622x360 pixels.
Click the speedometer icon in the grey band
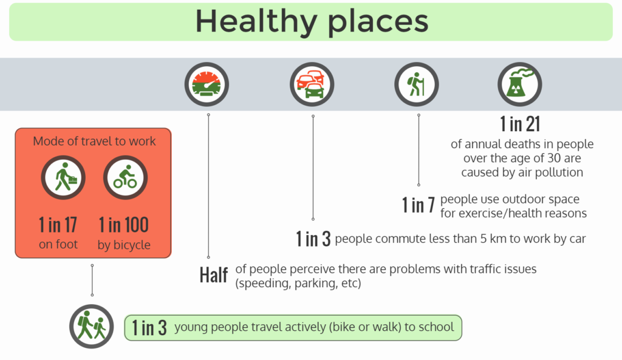coord(207,84)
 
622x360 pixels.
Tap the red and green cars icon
coord(312,84)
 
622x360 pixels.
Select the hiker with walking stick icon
coord(417,84)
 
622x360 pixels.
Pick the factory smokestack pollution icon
coord(520,84)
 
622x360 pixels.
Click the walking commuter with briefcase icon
coord(63,177)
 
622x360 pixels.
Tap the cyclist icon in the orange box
coord(125,177)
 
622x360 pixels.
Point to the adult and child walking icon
coord(92,326)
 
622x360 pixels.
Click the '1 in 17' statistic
coord(58,225)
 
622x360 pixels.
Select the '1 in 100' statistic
coord(124,225)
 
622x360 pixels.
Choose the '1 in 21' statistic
coord(520,124)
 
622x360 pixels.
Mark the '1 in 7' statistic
coord(419,205)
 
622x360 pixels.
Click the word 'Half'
coord(214,275)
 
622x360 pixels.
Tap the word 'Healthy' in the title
coord(256,22)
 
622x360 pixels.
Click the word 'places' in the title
coord(378,22)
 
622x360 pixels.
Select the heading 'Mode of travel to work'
coord(94,141)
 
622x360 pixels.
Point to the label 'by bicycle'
coord(124,245)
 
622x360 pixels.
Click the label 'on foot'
coord(58,244)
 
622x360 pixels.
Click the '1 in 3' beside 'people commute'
coord(313,239)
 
